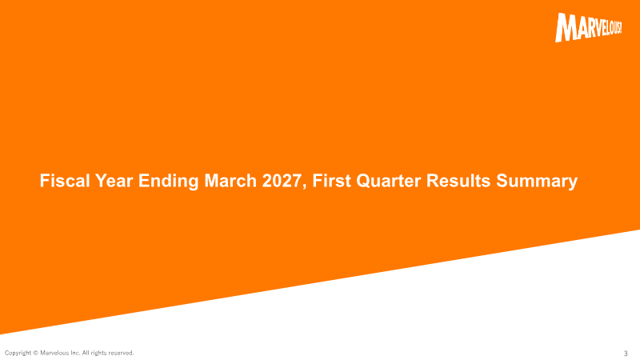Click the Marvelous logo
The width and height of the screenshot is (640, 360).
coord(588,27)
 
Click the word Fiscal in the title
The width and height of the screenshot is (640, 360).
coord(65,181)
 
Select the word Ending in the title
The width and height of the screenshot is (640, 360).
coord(169,182)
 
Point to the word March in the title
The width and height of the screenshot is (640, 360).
coord(230,181)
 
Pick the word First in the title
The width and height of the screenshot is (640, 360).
coord(331,181)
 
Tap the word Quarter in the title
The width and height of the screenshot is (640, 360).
coord(388,181)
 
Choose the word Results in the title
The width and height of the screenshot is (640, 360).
coord(458,181)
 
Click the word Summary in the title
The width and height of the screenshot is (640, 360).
coord(537,182)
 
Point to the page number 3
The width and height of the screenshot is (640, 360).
coord(626,354)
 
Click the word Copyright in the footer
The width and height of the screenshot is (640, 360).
coord(18,353)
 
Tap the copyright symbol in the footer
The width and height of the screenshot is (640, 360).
coord(35,353)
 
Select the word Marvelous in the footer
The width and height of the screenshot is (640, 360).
coord(54,353)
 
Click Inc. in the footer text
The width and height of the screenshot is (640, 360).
coord(75,353)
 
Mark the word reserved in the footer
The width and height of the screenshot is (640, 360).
coord(121,353)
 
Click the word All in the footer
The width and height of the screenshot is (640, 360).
coord(86,353)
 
